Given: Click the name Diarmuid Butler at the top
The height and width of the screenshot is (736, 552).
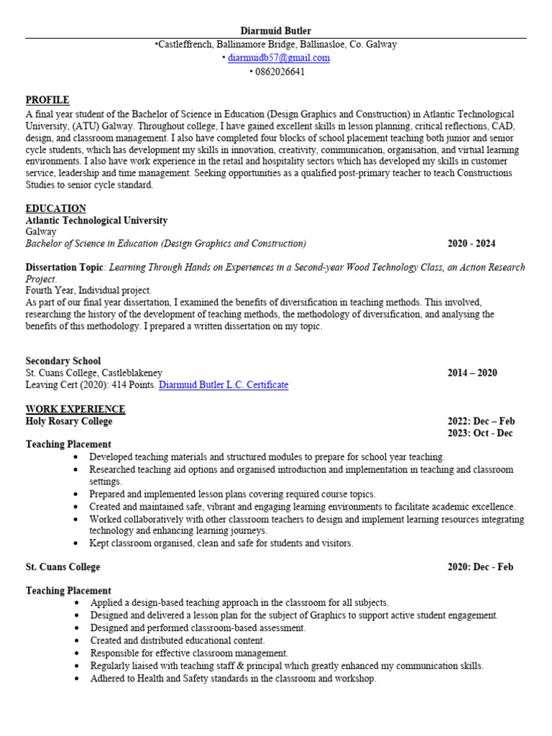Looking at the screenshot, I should (x=276, y=31).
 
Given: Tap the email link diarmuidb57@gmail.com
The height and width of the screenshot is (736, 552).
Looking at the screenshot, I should (x=278, y=57).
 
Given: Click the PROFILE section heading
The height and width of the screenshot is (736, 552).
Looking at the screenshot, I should (x=47, y=100).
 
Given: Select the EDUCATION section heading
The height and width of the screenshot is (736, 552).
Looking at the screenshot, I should (x=56, y=208).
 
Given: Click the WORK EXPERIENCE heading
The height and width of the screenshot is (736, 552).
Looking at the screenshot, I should (x=75, y=409).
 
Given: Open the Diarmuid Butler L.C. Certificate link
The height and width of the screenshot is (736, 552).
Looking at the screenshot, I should (x=224, y=385).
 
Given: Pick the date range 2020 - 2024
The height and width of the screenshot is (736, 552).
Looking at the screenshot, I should (x=471, y=244).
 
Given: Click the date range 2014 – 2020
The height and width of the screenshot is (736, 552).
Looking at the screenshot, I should (x=472, y=373).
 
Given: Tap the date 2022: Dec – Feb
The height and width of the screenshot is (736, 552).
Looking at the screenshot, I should (x=482, y=421).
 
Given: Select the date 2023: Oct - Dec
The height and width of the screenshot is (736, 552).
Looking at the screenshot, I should (x=481, y=433).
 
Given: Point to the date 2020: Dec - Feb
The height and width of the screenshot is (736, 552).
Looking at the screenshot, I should (x=481, y=567).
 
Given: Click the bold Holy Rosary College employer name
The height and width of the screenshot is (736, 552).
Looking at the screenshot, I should (x=69, y=421).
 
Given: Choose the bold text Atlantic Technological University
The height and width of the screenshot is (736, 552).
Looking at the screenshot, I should (x=96, y=221).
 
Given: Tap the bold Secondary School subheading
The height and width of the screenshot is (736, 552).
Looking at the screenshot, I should (x=63, y=361).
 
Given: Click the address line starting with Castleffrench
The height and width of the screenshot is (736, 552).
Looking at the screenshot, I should (x=277, y=45).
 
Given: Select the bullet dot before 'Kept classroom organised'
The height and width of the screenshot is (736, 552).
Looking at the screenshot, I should (x=76, y=543).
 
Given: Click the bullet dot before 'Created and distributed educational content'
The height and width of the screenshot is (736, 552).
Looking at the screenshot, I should (x=76, y=640).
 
